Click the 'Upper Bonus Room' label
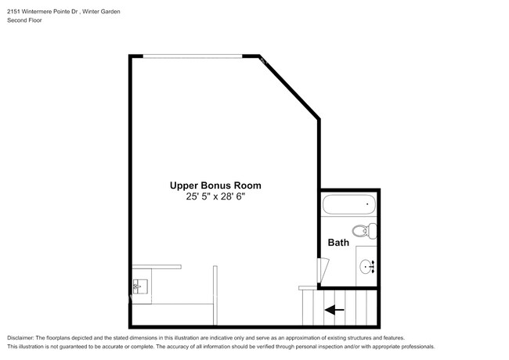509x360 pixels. pos(215,185)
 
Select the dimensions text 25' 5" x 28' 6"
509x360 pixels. pos(215,198)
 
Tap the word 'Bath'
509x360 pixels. pos(338,243)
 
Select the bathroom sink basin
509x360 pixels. pos(366,267)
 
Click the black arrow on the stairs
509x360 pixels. pos(334,310)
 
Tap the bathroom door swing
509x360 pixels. pos(319,272)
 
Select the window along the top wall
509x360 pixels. pos(193,56)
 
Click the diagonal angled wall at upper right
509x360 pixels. pos(290,87)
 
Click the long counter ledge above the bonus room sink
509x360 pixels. pos(156,267)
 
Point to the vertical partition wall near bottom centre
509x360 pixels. pos(214,294)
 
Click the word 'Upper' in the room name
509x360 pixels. pos(184,185)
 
